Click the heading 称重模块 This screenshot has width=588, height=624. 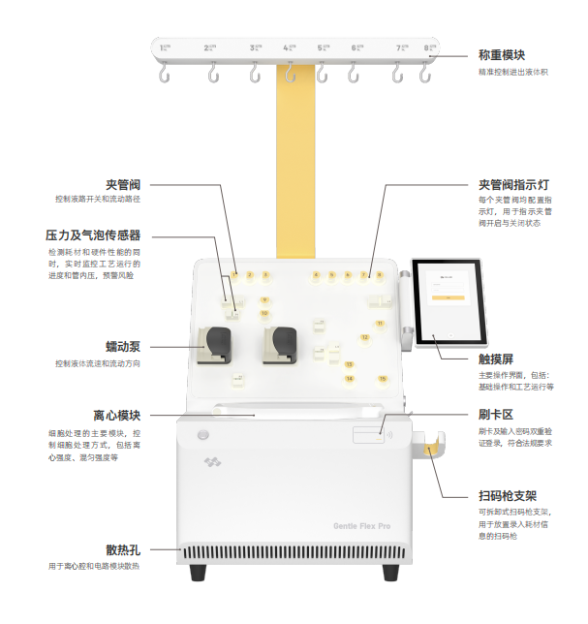pos(501,55)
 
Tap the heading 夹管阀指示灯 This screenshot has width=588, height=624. pos(515,183)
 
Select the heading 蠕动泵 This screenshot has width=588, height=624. pos(123,346)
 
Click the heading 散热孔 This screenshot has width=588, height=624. pos(123,549)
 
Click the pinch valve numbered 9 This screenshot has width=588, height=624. pos(264,300)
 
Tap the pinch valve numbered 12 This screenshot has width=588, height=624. pos(364,337)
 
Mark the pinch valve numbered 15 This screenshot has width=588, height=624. pos(383,378)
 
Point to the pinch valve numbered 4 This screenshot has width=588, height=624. pos(316,275)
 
